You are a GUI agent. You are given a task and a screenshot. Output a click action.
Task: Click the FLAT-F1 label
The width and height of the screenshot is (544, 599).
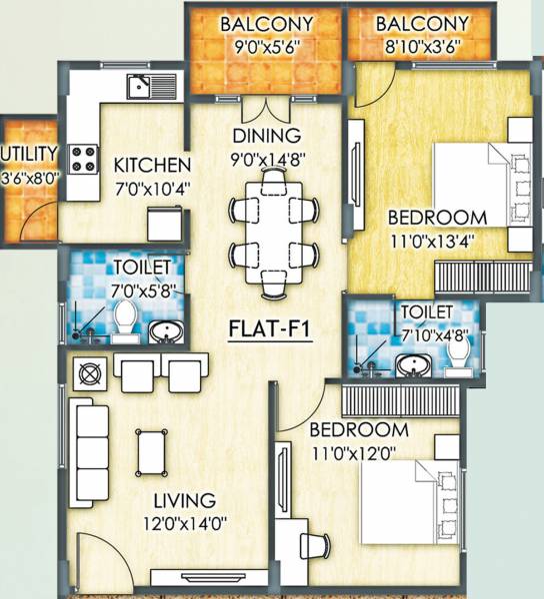pos(271,326)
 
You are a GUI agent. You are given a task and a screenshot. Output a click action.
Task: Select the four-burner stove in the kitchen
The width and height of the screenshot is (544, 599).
pos(82,157)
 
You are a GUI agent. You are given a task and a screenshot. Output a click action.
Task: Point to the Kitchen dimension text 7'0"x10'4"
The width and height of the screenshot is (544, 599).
pos(152,187)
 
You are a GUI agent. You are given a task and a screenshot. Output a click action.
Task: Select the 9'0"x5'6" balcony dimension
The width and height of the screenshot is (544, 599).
pos(267,45)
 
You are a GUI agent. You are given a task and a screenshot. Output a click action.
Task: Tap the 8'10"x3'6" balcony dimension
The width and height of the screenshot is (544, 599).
pos(421,45)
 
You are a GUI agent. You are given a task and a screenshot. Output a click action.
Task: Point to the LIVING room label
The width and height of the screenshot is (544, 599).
pos(184,499)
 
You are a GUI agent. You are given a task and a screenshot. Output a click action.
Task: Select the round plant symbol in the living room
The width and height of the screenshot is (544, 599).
pos(87,375)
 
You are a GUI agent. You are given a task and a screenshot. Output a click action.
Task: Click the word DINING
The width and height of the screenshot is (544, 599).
pos(267,136)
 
